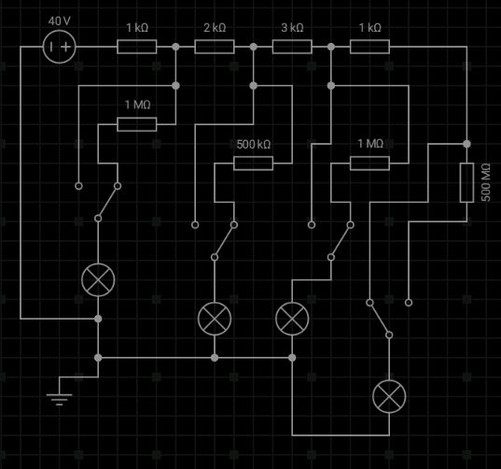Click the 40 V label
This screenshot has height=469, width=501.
pos(59,21)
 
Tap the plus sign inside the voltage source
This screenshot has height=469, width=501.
pos(66,47)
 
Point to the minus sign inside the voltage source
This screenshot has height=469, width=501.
pos(51,47)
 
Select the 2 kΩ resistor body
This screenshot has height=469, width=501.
pos(215,47)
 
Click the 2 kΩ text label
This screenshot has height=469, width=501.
pos(215,28)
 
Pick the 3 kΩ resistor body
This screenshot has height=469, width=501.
pos(292,47)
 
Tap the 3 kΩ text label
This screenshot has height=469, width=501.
pos(292,28)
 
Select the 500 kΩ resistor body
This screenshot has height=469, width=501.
pos(254,163)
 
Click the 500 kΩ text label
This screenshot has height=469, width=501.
pos(254,144)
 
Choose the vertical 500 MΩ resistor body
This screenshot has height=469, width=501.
pos(466,183)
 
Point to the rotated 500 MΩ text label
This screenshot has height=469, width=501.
pos(485,182)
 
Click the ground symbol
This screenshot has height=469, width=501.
pos(59,396)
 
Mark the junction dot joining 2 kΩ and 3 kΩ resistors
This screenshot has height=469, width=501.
pos(254,47)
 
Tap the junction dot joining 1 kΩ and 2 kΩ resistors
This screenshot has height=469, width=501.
pos(175,47)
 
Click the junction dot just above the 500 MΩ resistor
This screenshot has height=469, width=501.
pos(466,144)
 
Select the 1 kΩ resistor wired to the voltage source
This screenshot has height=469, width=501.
pos(137,47)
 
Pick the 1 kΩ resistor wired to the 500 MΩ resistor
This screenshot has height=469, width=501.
pos(369,47)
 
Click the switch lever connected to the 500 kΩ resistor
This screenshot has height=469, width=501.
pos(224,241)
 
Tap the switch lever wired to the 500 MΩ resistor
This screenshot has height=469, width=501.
pos(380,319)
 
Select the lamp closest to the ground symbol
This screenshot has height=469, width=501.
pos(98,280)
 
